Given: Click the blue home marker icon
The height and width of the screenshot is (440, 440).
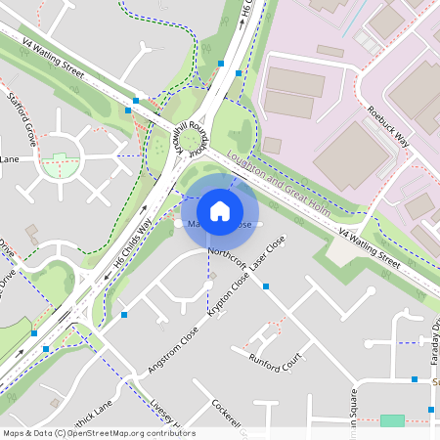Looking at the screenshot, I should [x=220, y=210].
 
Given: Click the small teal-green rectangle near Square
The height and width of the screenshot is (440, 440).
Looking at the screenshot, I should [x=391, y=420].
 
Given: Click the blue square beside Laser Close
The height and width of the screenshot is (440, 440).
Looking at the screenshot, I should [x=266, y=286].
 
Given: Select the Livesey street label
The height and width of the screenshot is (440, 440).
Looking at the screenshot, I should [x=156, y=414].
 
